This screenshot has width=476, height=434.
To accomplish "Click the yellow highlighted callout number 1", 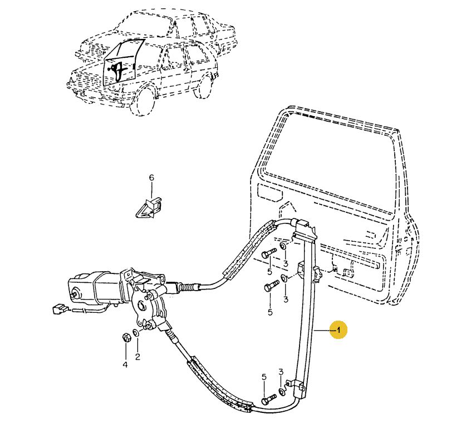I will pyautogui.click(x=337, y=330).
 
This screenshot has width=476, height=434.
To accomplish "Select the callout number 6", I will pyautogui.click(x=151, y=178).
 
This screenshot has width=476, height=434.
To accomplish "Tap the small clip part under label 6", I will pyautogui.click(x=149, y=208).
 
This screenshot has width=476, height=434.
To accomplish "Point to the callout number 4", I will pyautogui.click(x=125, y=365).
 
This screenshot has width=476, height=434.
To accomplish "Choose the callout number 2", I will pyautogui.click(x=138, y=357).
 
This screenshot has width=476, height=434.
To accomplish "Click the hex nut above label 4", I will pyautogui.click(x=126, y=337).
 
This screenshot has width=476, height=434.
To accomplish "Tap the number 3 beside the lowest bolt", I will pyautogui.click(x=281, y=372).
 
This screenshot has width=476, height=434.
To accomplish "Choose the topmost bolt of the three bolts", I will pyautogui.click(x=268, y=254).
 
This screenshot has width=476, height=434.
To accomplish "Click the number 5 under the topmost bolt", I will pyautogui.click(x=269, y=271).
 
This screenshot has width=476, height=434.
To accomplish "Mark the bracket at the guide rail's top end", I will pyautogui.click(x=304, y=228).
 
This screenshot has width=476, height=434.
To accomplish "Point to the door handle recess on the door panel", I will pyautogui.click(x=270, y=193).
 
